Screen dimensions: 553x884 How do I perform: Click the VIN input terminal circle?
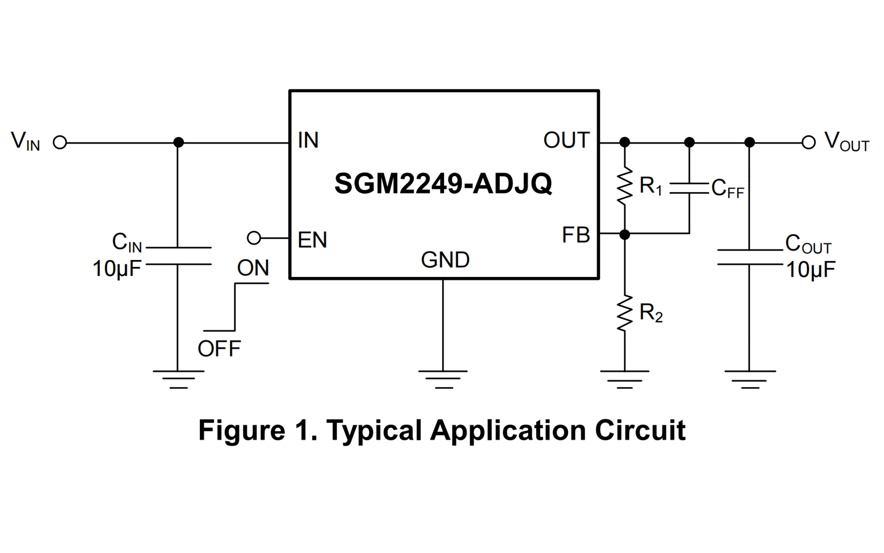(60, 143)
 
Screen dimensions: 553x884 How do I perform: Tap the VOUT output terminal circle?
(809, 143)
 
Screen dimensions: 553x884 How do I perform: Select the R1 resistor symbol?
(624, 187)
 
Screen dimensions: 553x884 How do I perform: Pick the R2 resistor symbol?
(624, 314)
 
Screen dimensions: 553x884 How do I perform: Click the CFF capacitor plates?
(689, 188)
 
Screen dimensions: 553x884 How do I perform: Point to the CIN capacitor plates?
(179, 256)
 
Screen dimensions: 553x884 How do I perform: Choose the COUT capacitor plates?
(749, 257)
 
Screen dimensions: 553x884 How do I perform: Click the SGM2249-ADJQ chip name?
(443, 184)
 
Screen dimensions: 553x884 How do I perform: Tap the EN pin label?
(312, 240)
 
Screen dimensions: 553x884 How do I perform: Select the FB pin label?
(576, 235)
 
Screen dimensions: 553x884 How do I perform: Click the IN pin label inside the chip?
(308, 140)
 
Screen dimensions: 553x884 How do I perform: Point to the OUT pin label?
(566, 140)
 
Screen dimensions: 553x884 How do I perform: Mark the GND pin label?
(445, 260)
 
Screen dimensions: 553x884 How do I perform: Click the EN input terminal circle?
(254, 238)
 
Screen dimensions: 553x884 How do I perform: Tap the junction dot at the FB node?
(624, 234)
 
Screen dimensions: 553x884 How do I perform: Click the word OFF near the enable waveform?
(219, 349)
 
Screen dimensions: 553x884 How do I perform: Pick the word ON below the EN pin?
(253, 268)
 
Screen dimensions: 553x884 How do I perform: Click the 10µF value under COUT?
(810, 270)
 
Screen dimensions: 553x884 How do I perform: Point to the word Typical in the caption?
(374, 430)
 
